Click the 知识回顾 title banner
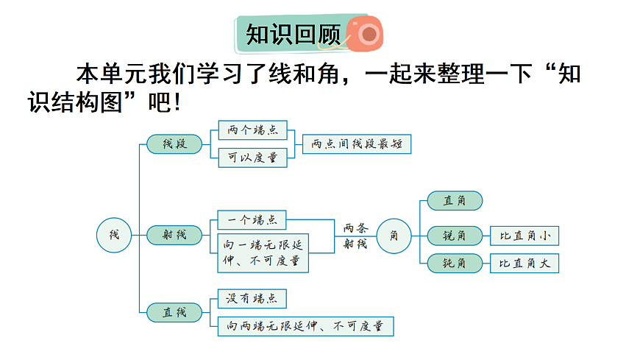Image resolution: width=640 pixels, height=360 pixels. click(293, 34)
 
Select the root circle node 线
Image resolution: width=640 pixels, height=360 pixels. click(114, 235)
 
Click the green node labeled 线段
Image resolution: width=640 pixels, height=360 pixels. click(174, 144)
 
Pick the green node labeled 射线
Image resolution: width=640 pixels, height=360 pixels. click(174, 236)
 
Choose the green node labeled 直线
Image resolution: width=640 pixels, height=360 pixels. click(174, 312)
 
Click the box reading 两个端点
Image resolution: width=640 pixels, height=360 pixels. click(252, 130)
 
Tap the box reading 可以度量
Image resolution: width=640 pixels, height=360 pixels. click(252, 158)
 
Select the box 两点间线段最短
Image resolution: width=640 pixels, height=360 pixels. click(357, 144)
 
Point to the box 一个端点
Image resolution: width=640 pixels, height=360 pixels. click(252, 219)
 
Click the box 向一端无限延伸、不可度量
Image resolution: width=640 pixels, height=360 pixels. click(263, 253)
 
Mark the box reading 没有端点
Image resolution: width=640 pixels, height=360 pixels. click(252, 298)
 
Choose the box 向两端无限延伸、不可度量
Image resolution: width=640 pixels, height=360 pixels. click(305, 326)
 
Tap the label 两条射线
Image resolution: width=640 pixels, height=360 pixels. click(355, 236)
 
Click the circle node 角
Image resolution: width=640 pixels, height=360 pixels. click(394, 236)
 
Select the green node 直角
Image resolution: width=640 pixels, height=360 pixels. click(455, 200)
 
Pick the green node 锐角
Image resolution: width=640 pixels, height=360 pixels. click(455, 236)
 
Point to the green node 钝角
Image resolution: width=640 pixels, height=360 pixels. click(455, 263)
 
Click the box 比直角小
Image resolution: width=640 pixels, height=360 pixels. click(525, 236)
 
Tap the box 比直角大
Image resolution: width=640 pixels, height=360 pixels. click(525, 263)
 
